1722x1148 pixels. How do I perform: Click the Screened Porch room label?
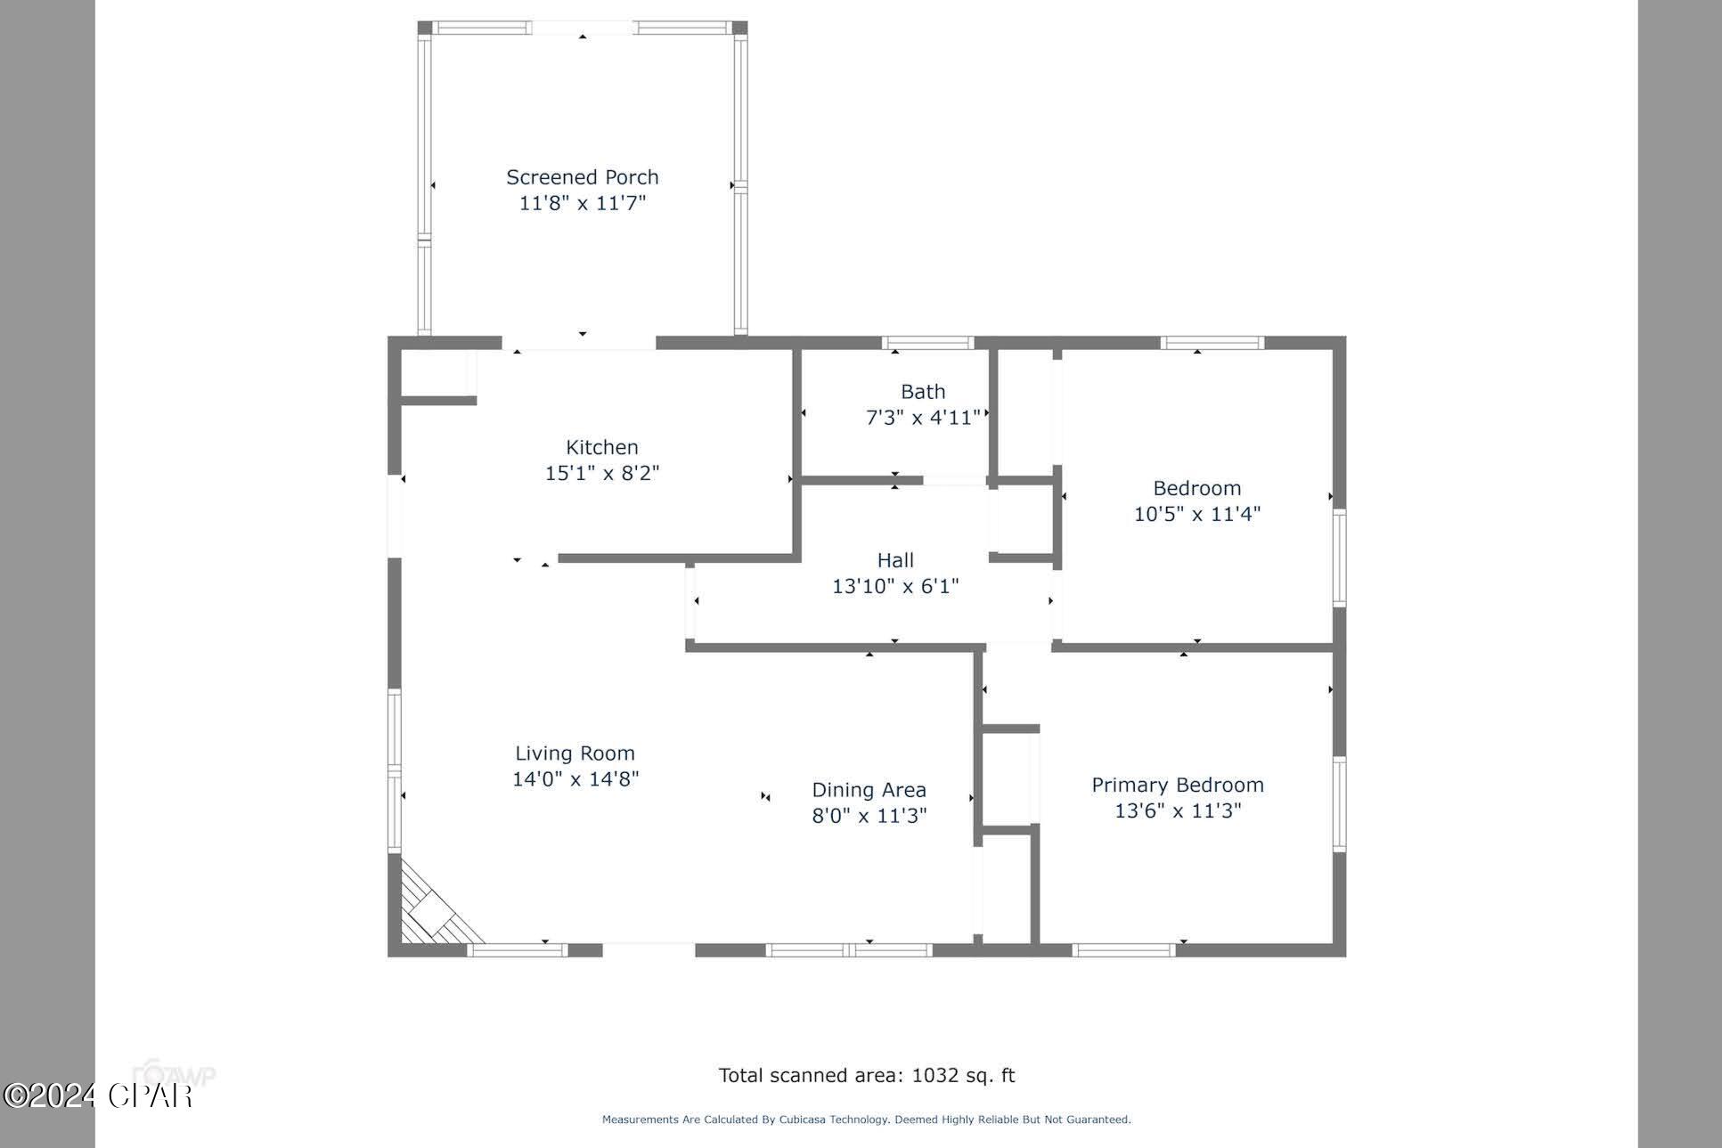pyautogui.click(x=582, y=177)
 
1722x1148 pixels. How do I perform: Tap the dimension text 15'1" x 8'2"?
pyautogui.click(x=601, y=473)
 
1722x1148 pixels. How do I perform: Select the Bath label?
pyautogui.click(x=922, y=392)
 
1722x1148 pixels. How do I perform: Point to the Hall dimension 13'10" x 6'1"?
pyautogui.click(x=894, y=586)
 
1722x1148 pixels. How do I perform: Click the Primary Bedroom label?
pyautogui.click(x=1177, y=785)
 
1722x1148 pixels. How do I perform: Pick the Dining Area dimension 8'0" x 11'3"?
pyautogui.click(x=869, y=815)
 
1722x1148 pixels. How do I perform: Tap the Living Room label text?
pyautogui.click(x=575, y=753)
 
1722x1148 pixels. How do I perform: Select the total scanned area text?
pyautogui.click(x=866, y=1075)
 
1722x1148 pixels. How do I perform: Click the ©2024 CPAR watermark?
pyautogui.click(x=98, y=1095)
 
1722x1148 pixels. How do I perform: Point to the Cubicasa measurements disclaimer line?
pyautogui.click(x=866, y=1120)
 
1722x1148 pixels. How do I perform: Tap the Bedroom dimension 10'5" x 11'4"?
pyautogui.click(x=1196, y=514)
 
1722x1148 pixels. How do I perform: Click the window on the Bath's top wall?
pyautogui.click(x=926, y=343)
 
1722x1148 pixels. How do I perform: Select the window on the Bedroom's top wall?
pyautogui.click(x=1212, y=343)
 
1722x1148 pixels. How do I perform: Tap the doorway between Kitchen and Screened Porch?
pyautogui.click(x=579, y=344)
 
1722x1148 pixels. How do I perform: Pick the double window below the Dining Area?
pyautogui.click(x=848, y=950)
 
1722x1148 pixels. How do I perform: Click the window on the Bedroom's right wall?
pyautogui.click(x=1338, y=558)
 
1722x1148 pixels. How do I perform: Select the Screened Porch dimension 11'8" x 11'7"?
pyautogui.click(x=582, y=203)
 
